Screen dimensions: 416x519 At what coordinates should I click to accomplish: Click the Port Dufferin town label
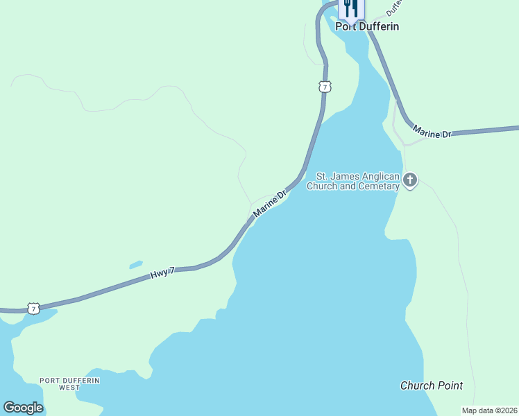pyautogui.click(x=367, y=26)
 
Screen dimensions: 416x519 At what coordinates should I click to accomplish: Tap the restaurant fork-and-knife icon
pyautogui.click(x=351, y=8)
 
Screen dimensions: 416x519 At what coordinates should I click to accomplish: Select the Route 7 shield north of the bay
pyautogui.click(x=325, y=87)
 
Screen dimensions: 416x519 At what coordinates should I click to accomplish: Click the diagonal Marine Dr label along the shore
pyautogui.click(x=270, y=204)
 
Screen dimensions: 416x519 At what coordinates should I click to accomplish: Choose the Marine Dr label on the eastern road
pyautogui.click(x=432, y=132)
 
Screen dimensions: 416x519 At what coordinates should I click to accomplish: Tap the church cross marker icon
pyautogui.click(x=410, y=181)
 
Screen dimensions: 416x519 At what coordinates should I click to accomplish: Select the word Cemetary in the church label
pyautogui.click(x=377, y=186)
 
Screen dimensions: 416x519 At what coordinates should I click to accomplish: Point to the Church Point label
pyautogui.click(x=432, y=385)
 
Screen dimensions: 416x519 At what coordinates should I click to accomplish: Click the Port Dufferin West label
pyautogui.click(x=69, y=383)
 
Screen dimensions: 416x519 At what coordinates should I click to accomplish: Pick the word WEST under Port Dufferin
pyautogui.click(x=69, y=388)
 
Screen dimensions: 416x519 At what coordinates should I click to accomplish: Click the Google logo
pyautogui.click(x=23, y=408)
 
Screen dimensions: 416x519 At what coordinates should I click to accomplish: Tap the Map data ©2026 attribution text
pyautogui.click(x=489, y=410)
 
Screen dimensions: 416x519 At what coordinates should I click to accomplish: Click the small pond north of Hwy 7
pyautogui.click(x=136, y=264)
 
